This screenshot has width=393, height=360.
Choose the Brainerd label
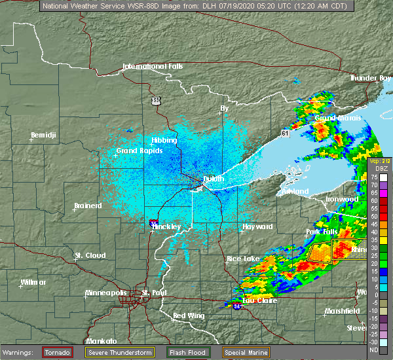(88, 206)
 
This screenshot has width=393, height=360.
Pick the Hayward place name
(257, 226)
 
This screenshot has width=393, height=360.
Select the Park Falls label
(323, 232)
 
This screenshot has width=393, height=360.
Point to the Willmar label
(33, 282)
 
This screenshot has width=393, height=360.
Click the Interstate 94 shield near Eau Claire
(236, 306)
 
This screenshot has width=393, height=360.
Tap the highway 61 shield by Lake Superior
(284, 133)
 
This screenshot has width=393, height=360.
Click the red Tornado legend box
(58, 351)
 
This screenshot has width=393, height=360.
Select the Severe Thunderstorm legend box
(121, 351)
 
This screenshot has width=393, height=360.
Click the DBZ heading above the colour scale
(373, 168)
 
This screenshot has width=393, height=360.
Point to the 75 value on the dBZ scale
(373, 177)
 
